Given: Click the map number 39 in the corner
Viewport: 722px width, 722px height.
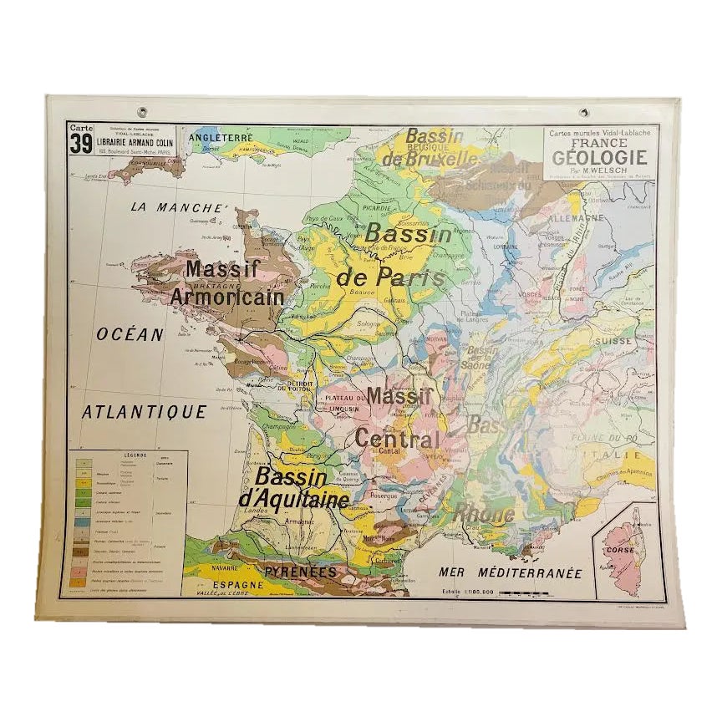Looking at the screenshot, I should tap(81, 144).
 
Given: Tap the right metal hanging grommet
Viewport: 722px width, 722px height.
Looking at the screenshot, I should tap(583, 112).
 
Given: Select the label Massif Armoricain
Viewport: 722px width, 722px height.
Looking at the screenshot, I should tap(227, 282).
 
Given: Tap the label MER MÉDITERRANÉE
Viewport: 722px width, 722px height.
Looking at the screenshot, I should tap(509, 574).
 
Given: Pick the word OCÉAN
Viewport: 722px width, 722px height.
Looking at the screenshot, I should tap(130, 334).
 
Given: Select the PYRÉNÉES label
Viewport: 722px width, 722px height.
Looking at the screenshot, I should tap(300, 572).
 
